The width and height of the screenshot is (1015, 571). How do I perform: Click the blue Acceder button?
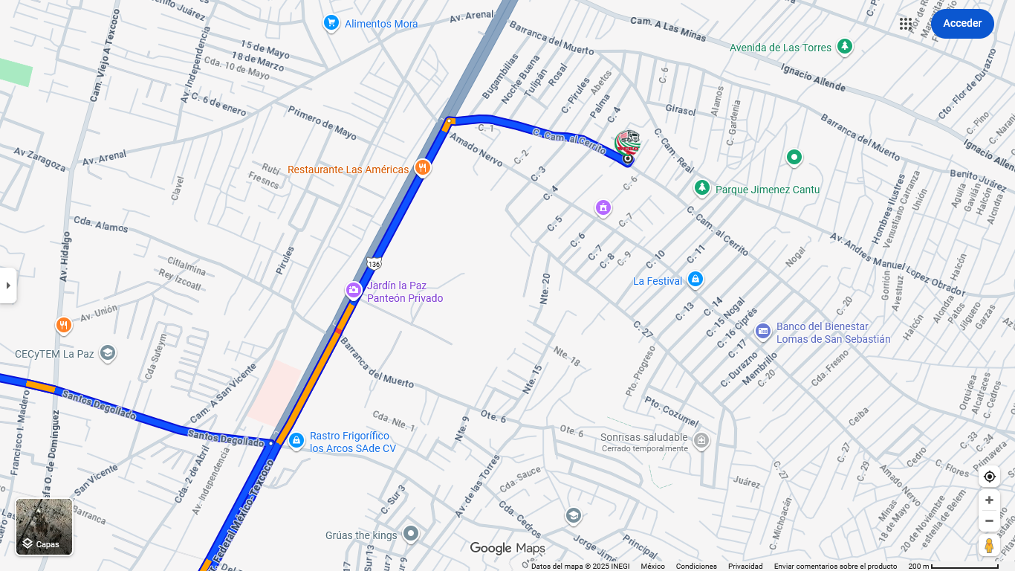point(962,24)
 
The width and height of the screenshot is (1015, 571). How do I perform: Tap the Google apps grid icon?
point(906,24)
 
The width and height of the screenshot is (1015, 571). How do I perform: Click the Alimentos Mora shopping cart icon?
point(331,24)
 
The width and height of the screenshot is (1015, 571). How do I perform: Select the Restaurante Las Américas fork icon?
point(423,168)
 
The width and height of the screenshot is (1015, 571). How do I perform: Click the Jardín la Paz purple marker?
point(354,290)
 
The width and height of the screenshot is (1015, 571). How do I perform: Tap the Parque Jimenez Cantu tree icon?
point(701,188)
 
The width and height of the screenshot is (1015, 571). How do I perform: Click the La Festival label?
point(658,281)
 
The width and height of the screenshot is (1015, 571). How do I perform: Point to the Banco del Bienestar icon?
point(762,331)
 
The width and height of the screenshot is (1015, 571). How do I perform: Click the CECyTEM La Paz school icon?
point(108,352)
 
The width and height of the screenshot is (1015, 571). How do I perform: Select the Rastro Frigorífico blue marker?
point(296,441)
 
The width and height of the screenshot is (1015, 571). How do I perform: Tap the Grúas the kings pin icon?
point(411,534)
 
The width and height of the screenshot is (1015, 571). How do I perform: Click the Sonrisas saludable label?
point(643,437)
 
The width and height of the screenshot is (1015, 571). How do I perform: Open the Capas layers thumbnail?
point(45,526)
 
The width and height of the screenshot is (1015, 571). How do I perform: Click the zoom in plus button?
point(989,500)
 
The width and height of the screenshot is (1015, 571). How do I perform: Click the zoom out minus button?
point(989,520)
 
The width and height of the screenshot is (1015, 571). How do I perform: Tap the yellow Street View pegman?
point(989,546)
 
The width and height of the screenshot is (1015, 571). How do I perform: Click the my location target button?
point(989,477)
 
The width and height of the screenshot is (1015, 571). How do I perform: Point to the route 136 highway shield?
point(374,264)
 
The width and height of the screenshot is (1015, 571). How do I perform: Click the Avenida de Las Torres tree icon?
point(844,47)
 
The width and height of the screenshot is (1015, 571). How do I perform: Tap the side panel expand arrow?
point(8,285)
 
